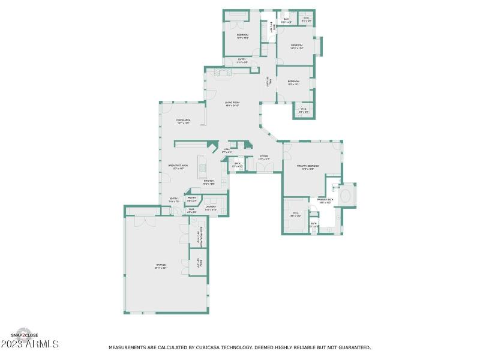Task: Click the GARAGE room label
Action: point(161,265)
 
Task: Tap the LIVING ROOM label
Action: point(232,103)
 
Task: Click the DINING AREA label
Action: point(183,120)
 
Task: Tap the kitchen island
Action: point(203,169)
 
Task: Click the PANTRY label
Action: point(192,197)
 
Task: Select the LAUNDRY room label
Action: point(211,206)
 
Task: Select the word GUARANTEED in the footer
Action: point(353,347)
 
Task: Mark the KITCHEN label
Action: point(208,181)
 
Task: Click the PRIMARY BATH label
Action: point(326,200)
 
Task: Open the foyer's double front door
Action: point(262,169)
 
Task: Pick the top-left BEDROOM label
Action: point(242,35)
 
